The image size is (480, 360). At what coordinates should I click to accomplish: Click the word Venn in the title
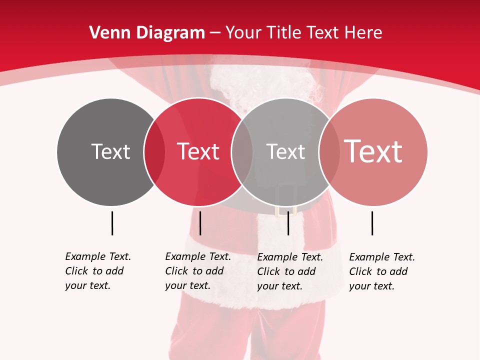pyautogui.click(x=105, y=33)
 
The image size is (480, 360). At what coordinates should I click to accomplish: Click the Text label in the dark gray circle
pyautogui.click(x=110, y=151)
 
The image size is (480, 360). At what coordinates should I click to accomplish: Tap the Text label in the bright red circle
pyautogui.click(x=198, y=151)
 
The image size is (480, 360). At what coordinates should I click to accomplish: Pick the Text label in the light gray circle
pyautogui.click(x=285, y=151)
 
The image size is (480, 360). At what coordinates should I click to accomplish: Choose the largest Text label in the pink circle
pyautogui.click(x=373, y=151)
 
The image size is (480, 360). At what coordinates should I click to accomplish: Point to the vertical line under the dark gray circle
pyautogui.click(x=112, y=223)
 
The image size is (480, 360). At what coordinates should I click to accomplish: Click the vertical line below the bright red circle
pyautogui.click(x=200, y=223)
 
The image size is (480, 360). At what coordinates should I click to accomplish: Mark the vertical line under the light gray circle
pyautogui.click(x=288, y=223)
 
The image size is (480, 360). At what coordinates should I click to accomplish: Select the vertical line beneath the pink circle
pyautogui.click(x=372, y=223)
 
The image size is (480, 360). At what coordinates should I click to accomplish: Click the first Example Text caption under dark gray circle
pyautogui.click(x=97, y=271)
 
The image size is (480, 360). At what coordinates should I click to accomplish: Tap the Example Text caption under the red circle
pyautogui.click(x=197, y=271)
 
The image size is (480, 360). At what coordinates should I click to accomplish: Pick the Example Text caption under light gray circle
pyautogui.click(x=289, y=271)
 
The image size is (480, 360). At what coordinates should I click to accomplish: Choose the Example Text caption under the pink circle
pyautogui.click(x=381, y=271)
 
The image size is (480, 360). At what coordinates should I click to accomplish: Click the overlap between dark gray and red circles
pyautogui.click(x=154, y=151)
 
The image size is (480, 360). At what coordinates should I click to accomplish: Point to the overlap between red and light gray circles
pyautogui.click(x=242, y=151)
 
